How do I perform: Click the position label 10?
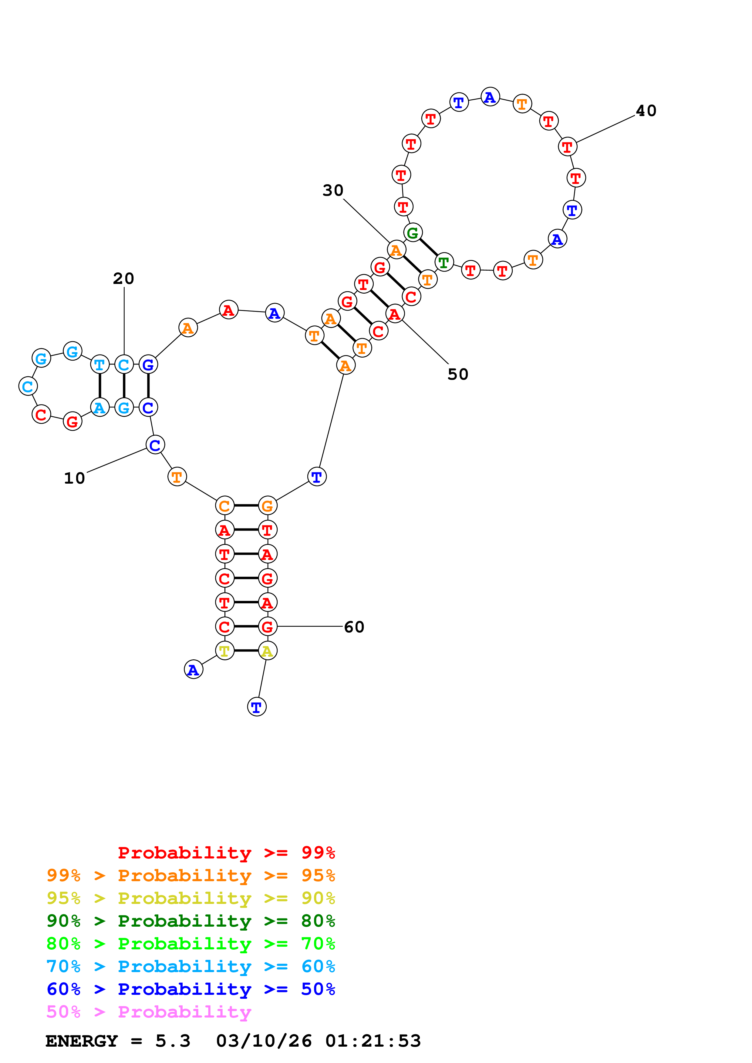pyautogui.click(x=74, y=478)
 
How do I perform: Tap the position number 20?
pyautogui.click(x=124, y=278)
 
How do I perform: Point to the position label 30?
pyautogui.click(x=333, y=190)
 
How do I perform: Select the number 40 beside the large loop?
pyautogui.click(x=646, y=111)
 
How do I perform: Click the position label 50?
pyautogui.click(x=458, y=374)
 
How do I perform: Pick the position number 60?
pyautogui.click(x=354, y=627)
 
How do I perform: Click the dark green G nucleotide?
pyautogui.click(x=412, y=232)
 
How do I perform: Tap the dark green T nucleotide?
pyautogui.click(x=444, y=262)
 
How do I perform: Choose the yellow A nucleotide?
pyautogui.click(x=267, y=651)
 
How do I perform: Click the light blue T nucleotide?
pyautogui.click(x=99, y=364)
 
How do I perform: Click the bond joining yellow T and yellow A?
pyautogui.click(x=246, y=651)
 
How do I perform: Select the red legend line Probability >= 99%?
pyautogui.click(x=226, y=853)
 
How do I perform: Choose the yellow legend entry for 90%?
pyautogui.click(x=191, y=898)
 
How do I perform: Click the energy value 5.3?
pyautogui.click(x=172, y=1041)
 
